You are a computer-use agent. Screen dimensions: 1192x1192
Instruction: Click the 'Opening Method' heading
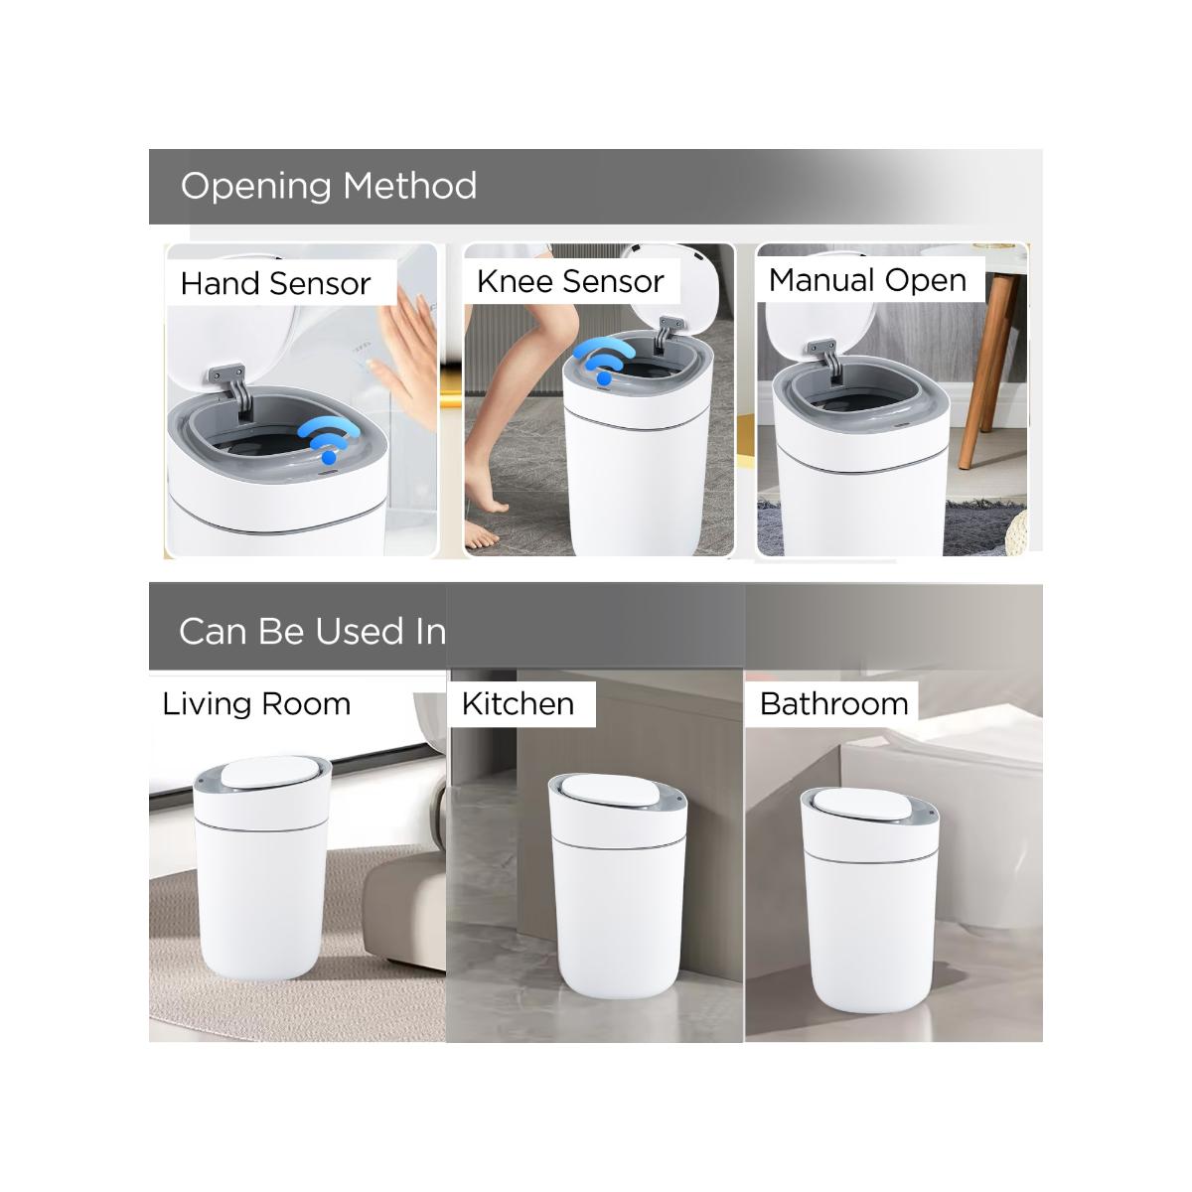pyautogui.click(x=329, y=186)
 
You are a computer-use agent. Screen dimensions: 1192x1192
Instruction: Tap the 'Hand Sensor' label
pyautogui.click(x=275, y=284)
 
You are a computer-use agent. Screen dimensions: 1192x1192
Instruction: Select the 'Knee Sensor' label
pyautogui.click(x=570, y=281)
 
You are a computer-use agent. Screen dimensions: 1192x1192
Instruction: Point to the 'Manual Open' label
pyautogui.click(x=867, y=280)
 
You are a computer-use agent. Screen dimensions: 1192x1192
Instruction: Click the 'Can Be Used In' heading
pyautogui.click(x=312, y=631)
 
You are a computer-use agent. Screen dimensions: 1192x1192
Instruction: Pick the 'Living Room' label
pyautogui.click(x=256, y=704)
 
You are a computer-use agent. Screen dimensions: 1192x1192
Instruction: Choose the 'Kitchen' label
pyautogui.click(x=518, y=704)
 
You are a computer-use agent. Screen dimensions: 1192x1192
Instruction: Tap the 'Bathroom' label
pyautogui.click(x=833, y=704)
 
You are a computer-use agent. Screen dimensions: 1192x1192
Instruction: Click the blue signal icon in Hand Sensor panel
pyautogui.click(x=328, y=439)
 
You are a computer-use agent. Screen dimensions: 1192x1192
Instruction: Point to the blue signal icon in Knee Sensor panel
pyautogui.click(x=603, y=361)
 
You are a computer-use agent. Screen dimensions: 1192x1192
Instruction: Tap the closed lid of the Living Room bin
pyautogui.click(x=267, y=772)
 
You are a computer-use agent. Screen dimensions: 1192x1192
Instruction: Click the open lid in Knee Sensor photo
pyautogui.click(x=674, y=291)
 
